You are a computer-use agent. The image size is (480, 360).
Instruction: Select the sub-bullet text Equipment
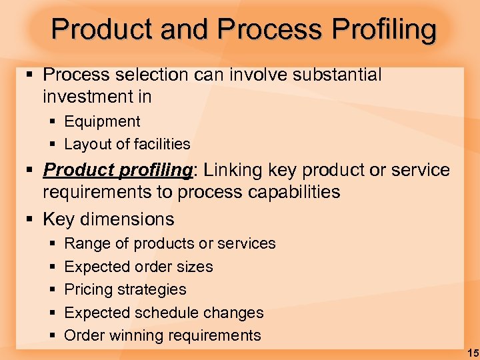102,121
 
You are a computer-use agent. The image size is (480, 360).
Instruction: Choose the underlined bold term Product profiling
117,171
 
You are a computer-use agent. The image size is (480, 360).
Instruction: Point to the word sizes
195,267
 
